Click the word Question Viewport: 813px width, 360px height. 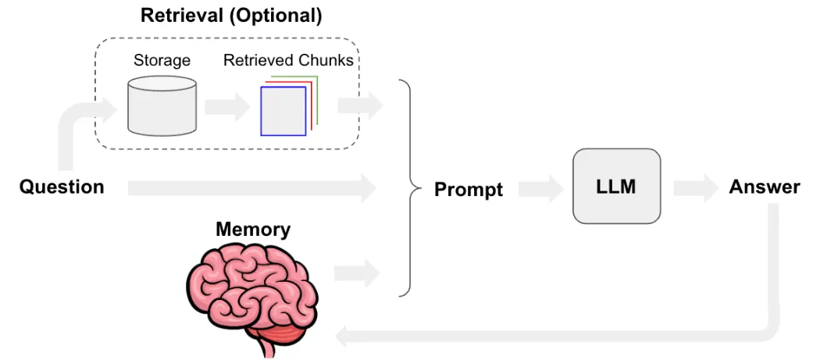(x=62, y=187)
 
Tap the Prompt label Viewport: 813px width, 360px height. (x=469, y=189)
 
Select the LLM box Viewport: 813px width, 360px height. (x=616, y=187)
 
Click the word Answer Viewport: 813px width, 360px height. (x=764, y=187)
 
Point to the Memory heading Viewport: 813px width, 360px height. (x=253, y=230)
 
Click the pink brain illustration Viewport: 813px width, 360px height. (x=253, y=292)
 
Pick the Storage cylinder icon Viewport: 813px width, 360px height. (x=162, y=107)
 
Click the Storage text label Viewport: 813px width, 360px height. (x=162, y=60)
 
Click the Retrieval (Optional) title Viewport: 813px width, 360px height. (x=230, y=15)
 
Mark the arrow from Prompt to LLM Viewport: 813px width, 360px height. (x=540, y=188)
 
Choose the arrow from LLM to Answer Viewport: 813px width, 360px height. (x=694, y=188)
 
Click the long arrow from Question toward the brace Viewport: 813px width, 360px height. (x=250, y=187)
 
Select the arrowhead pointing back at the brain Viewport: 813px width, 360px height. (x=344, y=334)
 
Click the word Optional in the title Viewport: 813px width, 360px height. (x=267, y=15)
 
